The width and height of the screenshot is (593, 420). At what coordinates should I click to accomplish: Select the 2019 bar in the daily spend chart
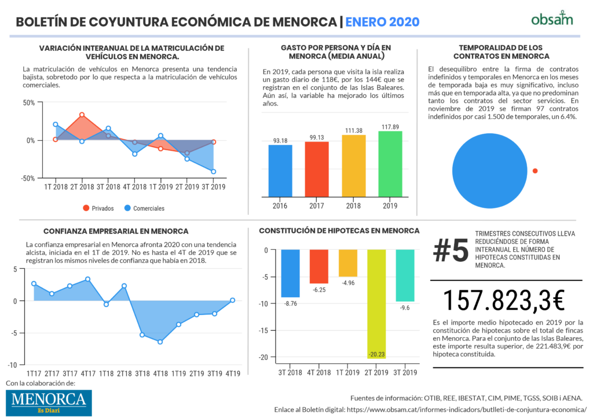390,164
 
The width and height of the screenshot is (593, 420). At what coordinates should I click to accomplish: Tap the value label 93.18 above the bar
280,141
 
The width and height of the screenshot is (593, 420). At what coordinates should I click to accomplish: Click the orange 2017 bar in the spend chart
317,169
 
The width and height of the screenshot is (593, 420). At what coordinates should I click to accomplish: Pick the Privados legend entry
98,208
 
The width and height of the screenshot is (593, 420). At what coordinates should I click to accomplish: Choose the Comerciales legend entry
144,208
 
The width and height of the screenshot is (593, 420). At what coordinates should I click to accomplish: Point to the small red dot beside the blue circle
535,171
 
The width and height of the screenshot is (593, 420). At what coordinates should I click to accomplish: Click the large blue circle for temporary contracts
489,171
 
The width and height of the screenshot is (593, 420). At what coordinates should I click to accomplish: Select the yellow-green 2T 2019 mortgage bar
376,304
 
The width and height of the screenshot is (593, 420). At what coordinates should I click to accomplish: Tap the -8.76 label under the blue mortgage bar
291,304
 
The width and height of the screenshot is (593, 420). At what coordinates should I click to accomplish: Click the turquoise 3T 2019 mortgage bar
405,275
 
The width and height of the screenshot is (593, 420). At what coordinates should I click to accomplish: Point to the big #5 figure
451,250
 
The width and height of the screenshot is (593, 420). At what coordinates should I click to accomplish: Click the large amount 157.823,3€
503,301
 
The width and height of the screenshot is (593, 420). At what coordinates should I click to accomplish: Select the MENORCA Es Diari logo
49,403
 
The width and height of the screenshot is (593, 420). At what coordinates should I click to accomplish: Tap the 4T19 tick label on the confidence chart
233,374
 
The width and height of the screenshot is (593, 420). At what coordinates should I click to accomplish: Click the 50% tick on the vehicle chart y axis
29,103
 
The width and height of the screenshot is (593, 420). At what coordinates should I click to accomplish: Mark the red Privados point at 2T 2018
82,115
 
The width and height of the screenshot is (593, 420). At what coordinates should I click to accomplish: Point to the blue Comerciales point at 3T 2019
214,171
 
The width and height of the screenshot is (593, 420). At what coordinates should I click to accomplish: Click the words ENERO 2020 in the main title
382,21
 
